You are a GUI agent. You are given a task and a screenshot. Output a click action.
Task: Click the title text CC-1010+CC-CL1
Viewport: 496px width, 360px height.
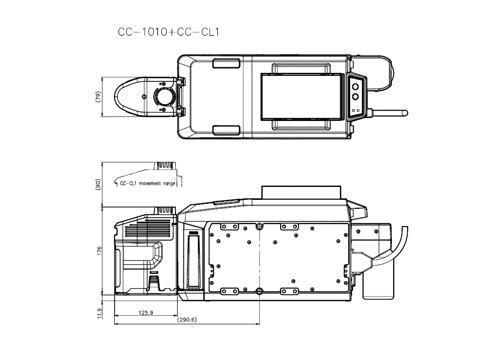coord(168,32)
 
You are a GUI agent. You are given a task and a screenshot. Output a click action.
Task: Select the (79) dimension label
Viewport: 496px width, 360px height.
coord(98,97)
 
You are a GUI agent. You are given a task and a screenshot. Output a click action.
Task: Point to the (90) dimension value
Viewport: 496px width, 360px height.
coord(98,184)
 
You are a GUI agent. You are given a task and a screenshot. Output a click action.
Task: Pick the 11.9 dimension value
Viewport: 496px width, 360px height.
coord(99,313)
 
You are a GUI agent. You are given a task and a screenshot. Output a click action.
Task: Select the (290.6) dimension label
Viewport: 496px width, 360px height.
coord(187,320)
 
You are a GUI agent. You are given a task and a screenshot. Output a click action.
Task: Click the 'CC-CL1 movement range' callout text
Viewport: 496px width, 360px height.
coord(148,183)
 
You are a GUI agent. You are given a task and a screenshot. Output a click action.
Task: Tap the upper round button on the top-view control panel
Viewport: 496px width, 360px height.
coord(356,85)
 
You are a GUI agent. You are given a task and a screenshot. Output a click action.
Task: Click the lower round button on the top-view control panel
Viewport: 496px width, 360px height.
coord(356,97)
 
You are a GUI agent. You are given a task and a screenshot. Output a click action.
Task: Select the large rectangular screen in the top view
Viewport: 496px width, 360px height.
coord(302,97)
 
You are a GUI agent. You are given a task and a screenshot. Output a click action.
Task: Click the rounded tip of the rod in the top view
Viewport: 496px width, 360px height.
coord(405,113)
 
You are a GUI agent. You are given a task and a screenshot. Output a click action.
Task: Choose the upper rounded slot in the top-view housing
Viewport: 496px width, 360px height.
coord(227,63)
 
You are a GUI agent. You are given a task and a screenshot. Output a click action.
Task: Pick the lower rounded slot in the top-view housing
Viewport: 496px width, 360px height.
coord(227,130)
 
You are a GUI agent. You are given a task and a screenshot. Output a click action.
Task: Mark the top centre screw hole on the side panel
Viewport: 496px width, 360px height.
coord(259,227)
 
